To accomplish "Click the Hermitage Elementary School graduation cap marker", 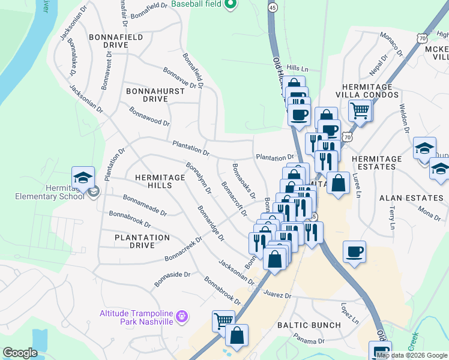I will (x=83, y=177).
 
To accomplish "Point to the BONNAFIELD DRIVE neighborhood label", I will (x=116, y=41).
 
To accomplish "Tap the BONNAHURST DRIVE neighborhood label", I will (x=147, y=95).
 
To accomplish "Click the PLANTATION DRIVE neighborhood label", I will (x=142, y=241).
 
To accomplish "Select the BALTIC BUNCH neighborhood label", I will (x=309, y=325).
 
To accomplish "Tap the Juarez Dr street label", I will (x=277, y=295).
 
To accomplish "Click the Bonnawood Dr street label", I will (x=149, y=116).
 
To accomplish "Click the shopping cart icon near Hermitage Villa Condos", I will (x=360, y=109).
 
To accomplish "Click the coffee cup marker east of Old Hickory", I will (x=354, y=250).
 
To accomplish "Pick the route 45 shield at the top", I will (x=273, y=7).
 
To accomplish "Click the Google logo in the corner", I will (x=20, y=353).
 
